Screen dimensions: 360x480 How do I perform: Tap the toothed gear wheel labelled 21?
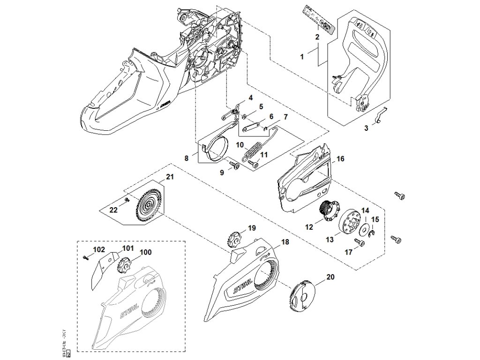[x=148, y=204]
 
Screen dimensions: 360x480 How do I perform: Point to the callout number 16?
[x=340, y=159]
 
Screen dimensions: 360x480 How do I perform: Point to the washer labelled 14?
[x=363, y=229]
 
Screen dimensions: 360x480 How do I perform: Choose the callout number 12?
[x=309, y=227]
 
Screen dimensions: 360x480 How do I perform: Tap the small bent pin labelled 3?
[x=381, y=115]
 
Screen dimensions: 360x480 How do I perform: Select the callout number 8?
[x=187, y=158]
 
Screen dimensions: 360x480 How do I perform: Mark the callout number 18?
[x=285, y=242]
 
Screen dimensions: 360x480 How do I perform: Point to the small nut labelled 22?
[x=127, y=201]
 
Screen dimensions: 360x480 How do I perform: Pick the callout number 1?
[x=302, y=56]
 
